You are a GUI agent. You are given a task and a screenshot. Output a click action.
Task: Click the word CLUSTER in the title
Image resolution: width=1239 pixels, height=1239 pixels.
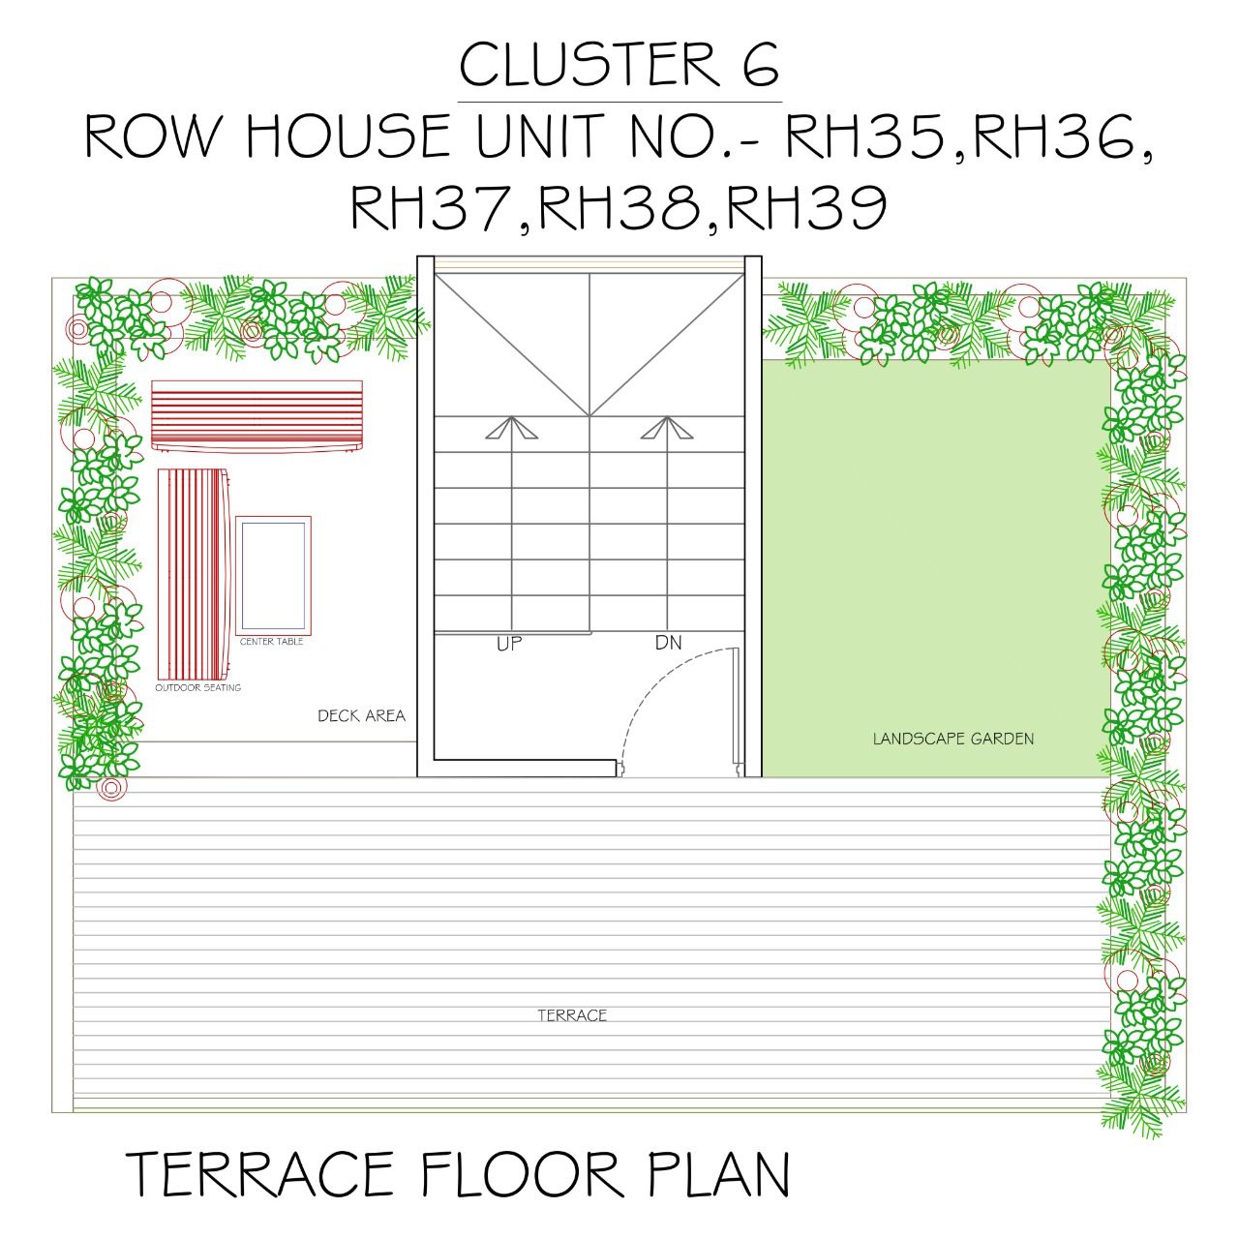[589, 64]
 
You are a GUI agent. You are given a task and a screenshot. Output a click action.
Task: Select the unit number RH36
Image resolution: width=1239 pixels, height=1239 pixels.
[1053, 136]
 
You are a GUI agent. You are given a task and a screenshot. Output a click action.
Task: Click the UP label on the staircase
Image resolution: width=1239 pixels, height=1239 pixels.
[508, 644]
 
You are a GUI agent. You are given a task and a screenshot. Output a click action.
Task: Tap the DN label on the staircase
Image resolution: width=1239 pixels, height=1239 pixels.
[668, 643]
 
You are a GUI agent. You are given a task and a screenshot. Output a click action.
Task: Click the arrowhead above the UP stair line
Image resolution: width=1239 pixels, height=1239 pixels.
[511, 428]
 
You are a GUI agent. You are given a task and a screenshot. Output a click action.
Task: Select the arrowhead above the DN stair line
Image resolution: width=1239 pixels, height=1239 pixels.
[667, 428]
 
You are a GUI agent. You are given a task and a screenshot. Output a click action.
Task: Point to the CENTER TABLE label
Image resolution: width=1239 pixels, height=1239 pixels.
[271, 642]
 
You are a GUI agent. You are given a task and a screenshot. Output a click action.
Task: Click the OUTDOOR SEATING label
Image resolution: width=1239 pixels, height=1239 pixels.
[198, 687]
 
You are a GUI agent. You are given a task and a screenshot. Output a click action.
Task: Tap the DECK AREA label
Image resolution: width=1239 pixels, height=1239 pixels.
[361, 716]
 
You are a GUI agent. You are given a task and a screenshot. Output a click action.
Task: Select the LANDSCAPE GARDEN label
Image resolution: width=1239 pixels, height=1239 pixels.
[953, 739]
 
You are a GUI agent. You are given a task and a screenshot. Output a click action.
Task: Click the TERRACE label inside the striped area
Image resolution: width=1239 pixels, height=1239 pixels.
[572, 1015]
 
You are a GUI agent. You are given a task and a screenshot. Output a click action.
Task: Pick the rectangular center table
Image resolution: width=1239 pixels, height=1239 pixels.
[273, 575]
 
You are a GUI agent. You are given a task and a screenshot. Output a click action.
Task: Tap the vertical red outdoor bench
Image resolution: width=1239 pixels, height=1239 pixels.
[194, 574]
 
